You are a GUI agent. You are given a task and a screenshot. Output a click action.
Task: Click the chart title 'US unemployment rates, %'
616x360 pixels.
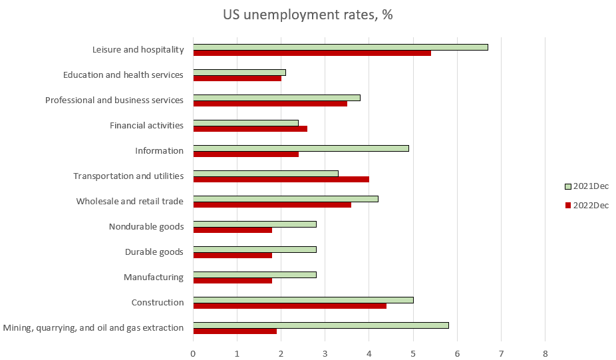pos(307,15)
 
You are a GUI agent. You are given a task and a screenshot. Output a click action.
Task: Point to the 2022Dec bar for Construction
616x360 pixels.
pos(289,305)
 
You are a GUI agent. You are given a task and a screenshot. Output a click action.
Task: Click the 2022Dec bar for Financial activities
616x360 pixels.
pos(250,128)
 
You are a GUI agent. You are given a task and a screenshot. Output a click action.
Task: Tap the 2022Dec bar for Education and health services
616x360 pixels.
pos(237,78)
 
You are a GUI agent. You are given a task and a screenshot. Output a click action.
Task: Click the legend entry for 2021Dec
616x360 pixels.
pos(586,186)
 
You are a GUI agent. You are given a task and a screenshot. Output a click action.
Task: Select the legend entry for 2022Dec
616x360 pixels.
pos(586,205)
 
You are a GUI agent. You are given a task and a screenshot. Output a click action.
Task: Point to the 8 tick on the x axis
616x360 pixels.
pos(545,353)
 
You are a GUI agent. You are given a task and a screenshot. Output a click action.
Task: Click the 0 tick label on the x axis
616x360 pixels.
pos(193,353)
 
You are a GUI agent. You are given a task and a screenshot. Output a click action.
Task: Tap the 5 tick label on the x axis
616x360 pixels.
pos(413,353)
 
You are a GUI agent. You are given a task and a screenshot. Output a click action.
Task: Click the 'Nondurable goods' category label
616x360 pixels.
pos(146,227)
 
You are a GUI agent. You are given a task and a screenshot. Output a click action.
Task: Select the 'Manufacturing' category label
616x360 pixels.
pos(154,277)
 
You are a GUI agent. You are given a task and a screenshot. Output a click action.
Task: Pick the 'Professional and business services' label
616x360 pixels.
pos(114,100)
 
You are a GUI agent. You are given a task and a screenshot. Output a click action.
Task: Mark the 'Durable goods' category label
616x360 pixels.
pos(154,252)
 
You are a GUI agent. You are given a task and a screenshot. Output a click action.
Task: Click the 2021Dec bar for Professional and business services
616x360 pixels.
pos(277,98)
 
